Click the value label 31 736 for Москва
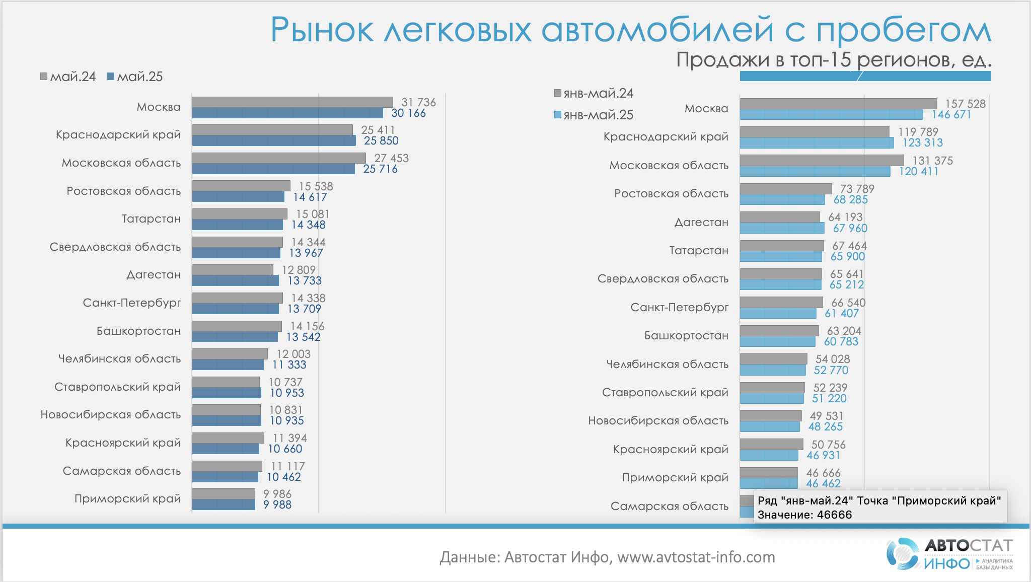tap(418, 102)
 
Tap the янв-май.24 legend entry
tap(594, 93)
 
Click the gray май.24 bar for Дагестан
tap(233, 270)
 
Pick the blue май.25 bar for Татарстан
tap(237, 225)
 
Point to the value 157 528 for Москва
tap(965, 104)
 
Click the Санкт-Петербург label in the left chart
tap(132, 303)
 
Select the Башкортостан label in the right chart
tap(686, 335)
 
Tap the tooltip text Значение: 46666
tap(804, 515)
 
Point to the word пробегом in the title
tap(903, 30)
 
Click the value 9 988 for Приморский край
tap(277, 504)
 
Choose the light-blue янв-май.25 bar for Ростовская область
tap(782, 199)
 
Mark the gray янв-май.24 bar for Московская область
tap(822, 160)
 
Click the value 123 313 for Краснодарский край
tap(922, 142)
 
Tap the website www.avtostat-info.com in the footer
tap(696, 557)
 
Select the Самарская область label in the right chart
tap(669, 506)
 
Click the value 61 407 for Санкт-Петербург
tap(841, 313)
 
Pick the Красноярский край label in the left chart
tap(123, 443)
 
